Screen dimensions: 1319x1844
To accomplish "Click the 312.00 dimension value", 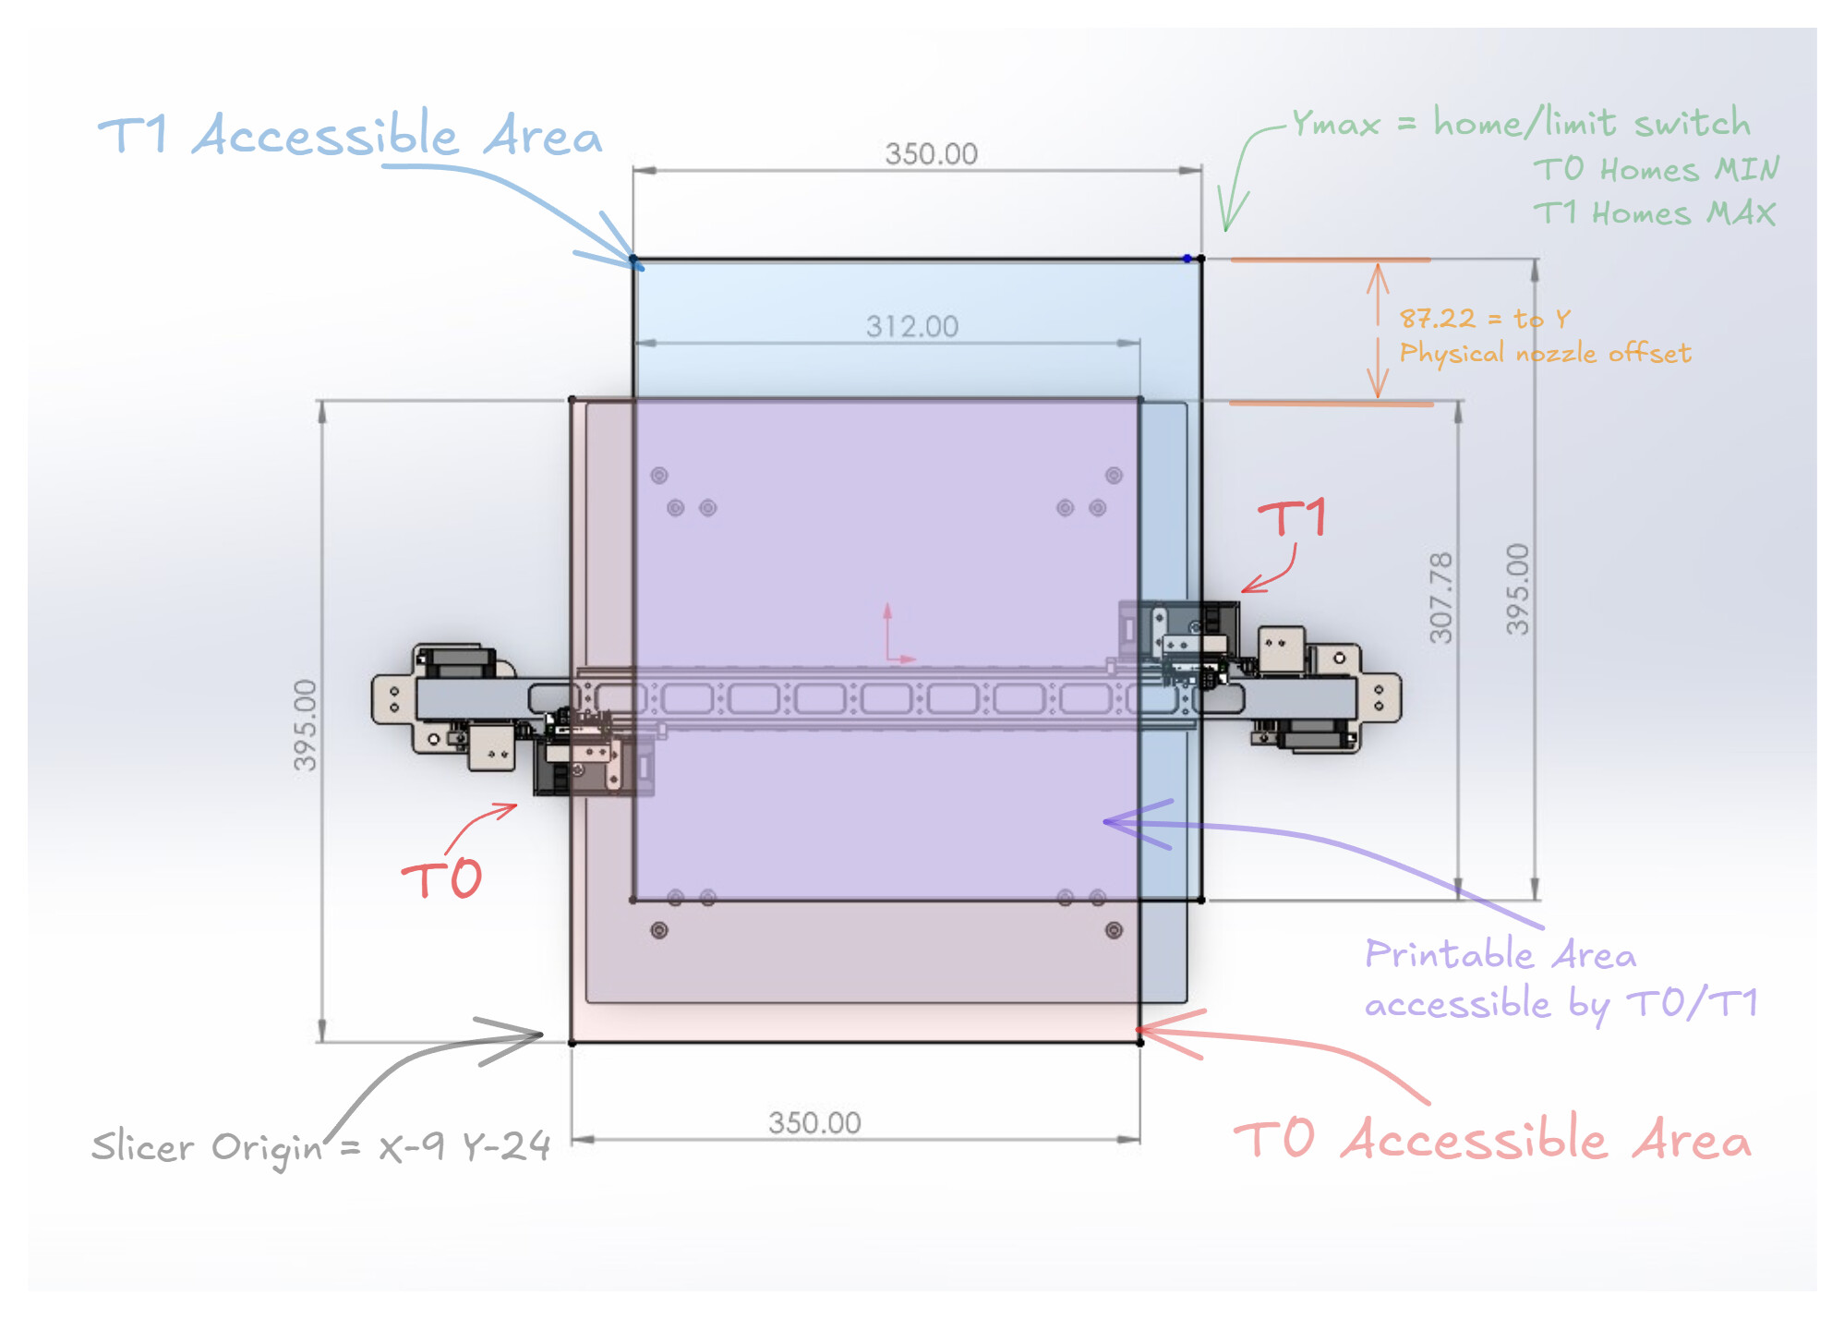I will click(911, 326).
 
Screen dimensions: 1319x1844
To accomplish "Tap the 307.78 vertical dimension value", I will click(1440, 598).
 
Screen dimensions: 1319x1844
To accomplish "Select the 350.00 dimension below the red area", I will click(814, 1122).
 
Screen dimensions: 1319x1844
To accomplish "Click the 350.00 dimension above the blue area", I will click(931, 153).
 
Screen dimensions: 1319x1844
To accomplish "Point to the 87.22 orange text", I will click(1438, 319).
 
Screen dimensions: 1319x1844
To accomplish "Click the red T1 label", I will click(1293, 518).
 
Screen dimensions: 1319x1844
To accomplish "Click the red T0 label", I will click(442, 878).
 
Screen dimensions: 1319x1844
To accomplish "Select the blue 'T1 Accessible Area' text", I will click(350, 136).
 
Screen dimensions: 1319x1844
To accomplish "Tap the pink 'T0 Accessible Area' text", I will click(1492, 1139).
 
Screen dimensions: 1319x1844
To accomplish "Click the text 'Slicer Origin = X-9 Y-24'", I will click(320, 1147).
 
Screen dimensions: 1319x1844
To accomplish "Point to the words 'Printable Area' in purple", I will click(1500, 954).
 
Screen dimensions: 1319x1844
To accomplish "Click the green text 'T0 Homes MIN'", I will click(1656, 170).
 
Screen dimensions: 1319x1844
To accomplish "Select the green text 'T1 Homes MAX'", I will click(1654, 213).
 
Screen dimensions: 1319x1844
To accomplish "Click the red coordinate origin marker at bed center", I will click(889, 658).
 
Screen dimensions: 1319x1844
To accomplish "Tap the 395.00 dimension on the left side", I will click(306, 725).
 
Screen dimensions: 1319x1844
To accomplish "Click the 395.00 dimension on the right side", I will click(1517, 589).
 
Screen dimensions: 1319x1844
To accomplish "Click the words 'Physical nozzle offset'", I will click(1545, 353).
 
